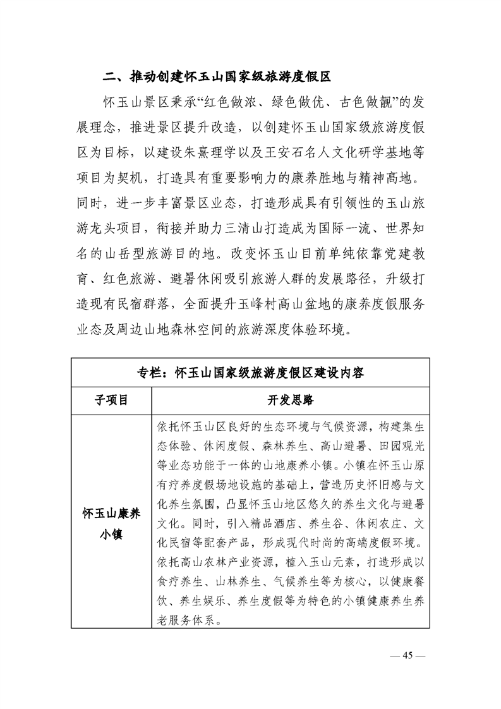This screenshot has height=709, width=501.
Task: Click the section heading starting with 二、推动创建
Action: point(217,78)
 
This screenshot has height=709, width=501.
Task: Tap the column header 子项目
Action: point(111,400)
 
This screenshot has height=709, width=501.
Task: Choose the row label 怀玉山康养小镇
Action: point(111,522)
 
